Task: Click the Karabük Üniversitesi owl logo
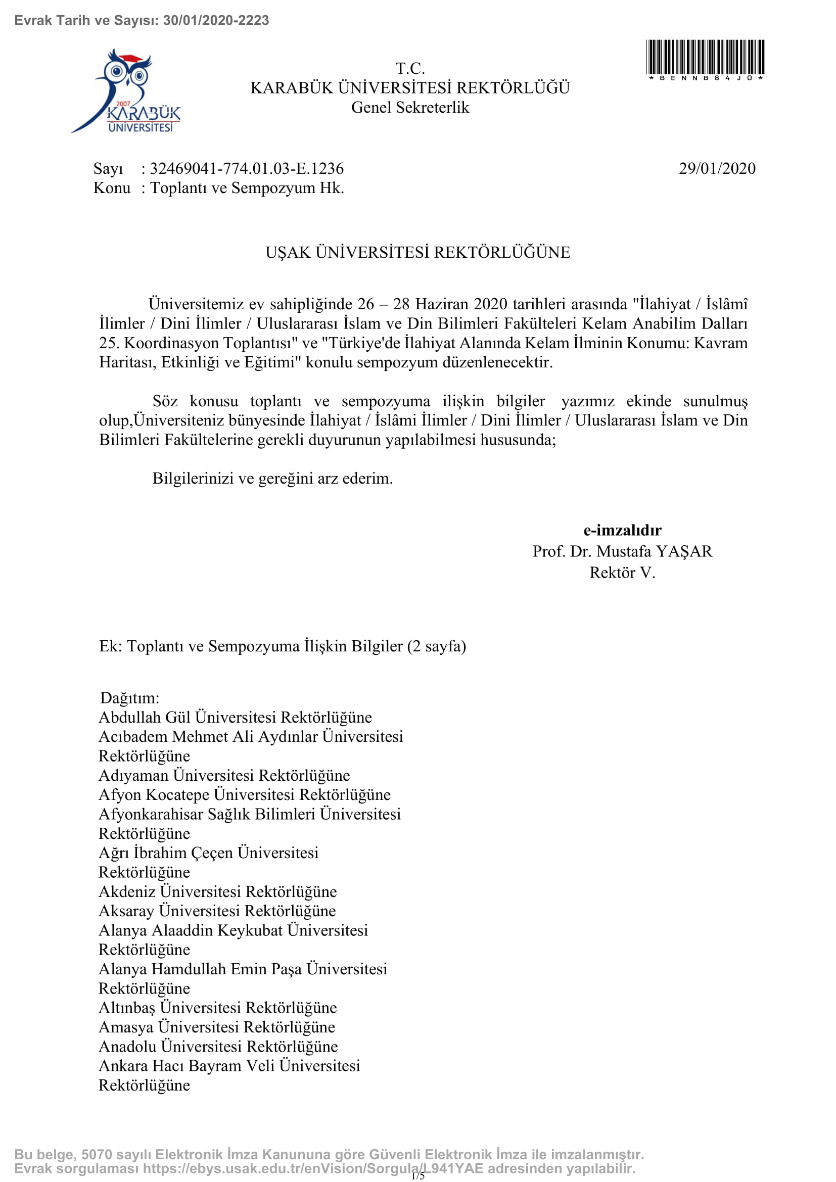pos(127,91)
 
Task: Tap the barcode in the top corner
pos(705,58)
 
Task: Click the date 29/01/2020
pos(717,169)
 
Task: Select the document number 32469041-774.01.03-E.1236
pos(247,169)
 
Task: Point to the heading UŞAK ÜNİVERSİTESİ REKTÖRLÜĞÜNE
pos(417,252)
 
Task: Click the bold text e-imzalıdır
pos(622,530)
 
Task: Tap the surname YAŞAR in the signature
pos(684,551)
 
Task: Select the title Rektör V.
pos(622,573)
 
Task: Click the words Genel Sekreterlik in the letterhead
pos(410,108)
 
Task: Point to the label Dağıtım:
pos(130,698)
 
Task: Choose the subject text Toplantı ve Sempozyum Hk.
pos(247,188)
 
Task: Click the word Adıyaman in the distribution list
pos(133,775)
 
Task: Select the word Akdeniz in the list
pos(127,891)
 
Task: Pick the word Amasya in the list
pos(126,1027)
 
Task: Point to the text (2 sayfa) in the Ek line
pos(437,646)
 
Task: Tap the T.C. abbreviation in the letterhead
pos(410,68)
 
